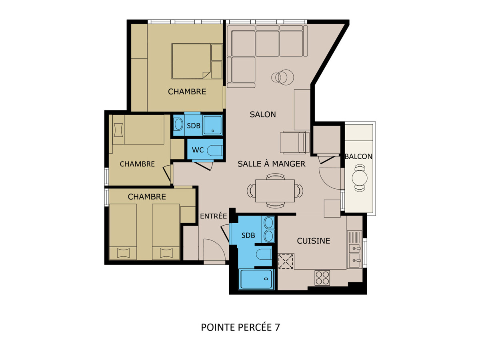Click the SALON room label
[263, 114]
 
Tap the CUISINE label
[313, 241]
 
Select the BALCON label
[358, 156]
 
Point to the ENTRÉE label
[214, 216]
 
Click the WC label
[198, 150]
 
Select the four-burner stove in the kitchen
[322, 278]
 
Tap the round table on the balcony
[360, 178]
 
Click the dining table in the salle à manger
[275, 191]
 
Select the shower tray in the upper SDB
[212, 126]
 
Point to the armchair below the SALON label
[294, 142]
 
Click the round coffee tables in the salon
[282, 77]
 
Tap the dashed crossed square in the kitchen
[286, 262]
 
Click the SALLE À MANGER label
[271, 164]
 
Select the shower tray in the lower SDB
[256, 280]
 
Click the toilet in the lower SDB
[264, 255]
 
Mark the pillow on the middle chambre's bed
[118, 130]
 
